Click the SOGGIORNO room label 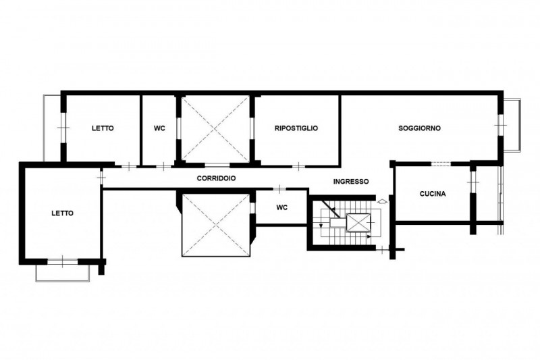[x=419, y=128]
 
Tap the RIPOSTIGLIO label [x=296, y=128]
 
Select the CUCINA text [x=433, y=194]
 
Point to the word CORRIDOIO [x=216, y=178]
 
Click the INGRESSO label [x=351, y=182]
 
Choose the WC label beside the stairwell [x=281, y=207]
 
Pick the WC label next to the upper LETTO [x=159, y=128]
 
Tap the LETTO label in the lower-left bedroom [x=62, y=213]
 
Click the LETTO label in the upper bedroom [x=103, y=128]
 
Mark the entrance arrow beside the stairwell [x=382, y=201]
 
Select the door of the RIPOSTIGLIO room [x=298, y=166]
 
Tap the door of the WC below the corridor [x=280, y=188]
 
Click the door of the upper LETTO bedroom [x=129, y=166]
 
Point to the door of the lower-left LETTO [x=101, y=178]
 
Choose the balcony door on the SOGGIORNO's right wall [x=500, y=126]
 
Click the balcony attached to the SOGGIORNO [x=512, y=125]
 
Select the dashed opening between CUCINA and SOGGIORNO [x=441, y=163]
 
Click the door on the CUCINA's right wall [x=473, y=182]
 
